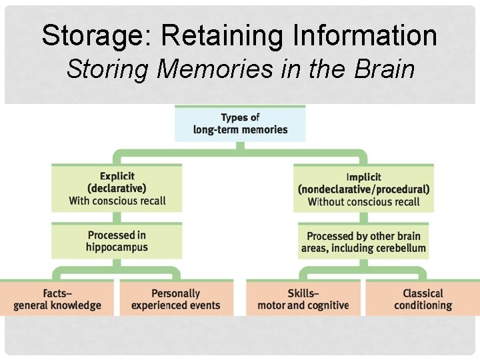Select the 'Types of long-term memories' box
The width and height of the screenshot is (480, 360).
240,123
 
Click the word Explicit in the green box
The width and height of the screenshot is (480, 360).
117,176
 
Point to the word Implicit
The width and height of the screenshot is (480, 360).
363,177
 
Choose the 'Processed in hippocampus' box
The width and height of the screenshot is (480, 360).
117,241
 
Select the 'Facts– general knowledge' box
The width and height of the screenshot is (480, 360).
57,299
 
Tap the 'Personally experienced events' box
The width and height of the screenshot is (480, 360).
175,299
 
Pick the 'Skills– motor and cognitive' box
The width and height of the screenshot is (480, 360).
303,299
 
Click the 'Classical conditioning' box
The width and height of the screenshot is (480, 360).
423,299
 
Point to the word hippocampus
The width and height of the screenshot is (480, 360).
117,247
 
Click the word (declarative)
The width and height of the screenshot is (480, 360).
117,189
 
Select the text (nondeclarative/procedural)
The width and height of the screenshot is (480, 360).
363,189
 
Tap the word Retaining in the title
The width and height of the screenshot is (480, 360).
204,35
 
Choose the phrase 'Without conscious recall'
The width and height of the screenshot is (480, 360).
363,201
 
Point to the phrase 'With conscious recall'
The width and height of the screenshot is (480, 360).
117,201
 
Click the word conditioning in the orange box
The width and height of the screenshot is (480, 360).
423,305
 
